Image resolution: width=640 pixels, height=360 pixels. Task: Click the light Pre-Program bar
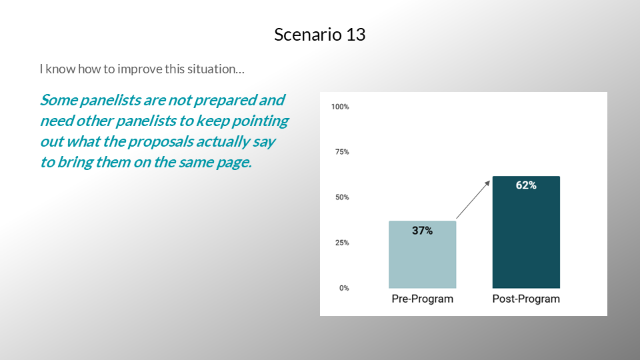point(422,255)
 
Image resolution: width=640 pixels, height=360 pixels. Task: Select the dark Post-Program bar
point(526,232)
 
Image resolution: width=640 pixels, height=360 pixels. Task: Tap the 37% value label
point(422,231)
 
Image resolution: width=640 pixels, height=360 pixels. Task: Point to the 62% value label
point(526,185)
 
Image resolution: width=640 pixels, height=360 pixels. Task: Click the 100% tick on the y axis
point(340,107)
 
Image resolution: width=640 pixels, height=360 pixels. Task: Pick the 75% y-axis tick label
point(342,152)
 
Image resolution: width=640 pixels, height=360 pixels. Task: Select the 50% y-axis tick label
point(342,197)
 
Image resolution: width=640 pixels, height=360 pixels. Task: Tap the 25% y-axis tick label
point(342,243)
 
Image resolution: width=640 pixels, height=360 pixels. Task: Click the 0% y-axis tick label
point(344,288)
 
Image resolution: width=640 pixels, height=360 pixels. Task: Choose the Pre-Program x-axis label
point(423,299)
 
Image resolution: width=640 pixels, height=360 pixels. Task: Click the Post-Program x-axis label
point(526,299)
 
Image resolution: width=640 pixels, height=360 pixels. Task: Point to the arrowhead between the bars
point(487,184)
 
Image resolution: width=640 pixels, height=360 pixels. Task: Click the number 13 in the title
point(355,35)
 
